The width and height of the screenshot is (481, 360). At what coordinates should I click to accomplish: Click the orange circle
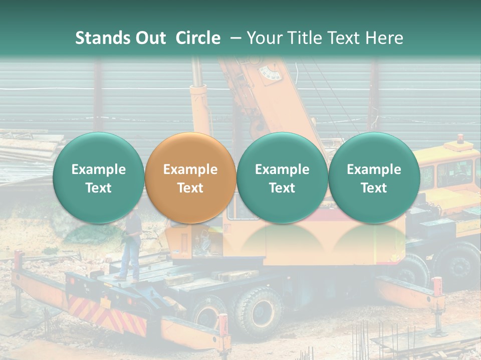[x=190, y=178]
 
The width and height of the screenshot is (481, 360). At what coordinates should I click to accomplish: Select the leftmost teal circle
[x=98, y=178]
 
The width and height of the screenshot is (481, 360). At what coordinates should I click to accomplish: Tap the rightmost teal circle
[x=374, y=178]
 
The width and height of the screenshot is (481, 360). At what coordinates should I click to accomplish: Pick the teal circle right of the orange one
[x=282, y=178]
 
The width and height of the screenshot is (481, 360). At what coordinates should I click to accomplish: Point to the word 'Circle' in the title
[x=198, y=38]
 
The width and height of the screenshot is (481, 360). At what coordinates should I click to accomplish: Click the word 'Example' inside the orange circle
[x=190, y=169]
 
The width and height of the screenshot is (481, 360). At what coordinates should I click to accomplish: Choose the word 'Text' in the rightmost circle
[x=374, y=187]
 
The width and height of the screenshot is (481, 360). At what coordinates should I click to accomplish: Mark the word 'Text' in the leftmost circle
[x=98, y=187]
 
